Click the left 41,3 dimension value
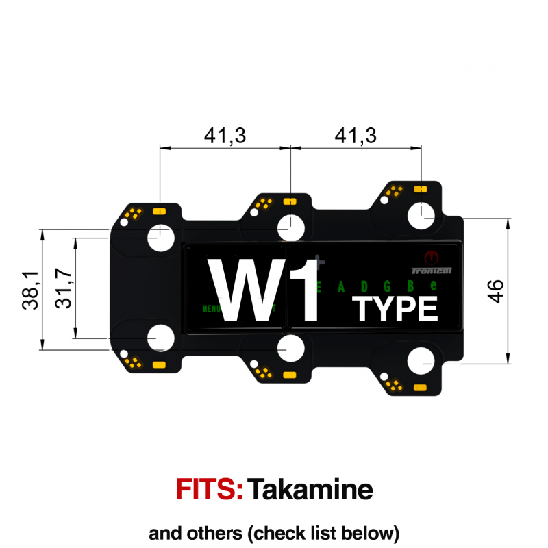(225, 136)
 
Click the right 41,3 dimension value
(356, 136)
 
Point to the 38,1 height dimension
(30, 289)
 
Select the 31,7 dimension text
(63, 288)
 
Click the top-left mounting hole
(161, 236)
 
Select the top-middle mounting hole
(290, 227)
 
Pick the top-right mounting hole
(421, 216)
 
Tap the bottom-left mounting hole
(162, 340)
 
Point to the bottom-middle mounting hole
(290, 349)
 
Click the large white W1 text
(264, 290)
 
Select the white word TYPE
(395, 310)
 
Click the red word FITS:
(210, 490)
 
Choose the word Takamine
(310, 490)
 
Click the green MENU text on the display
(210, 309)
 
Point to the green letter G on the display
(387, 286)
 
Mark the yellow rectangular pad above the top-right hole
(421, 187)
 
